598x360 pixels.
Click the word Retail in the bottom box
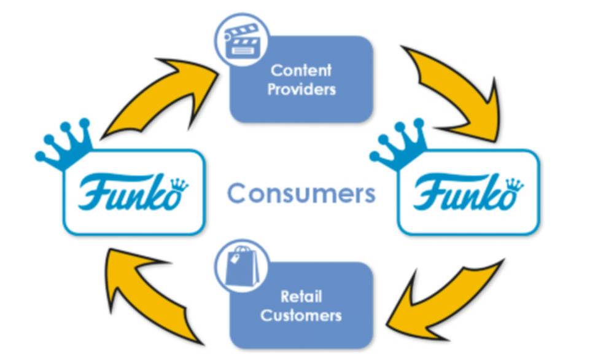[301, 297]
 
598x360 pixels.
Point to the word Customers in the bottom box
[301, 316]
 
